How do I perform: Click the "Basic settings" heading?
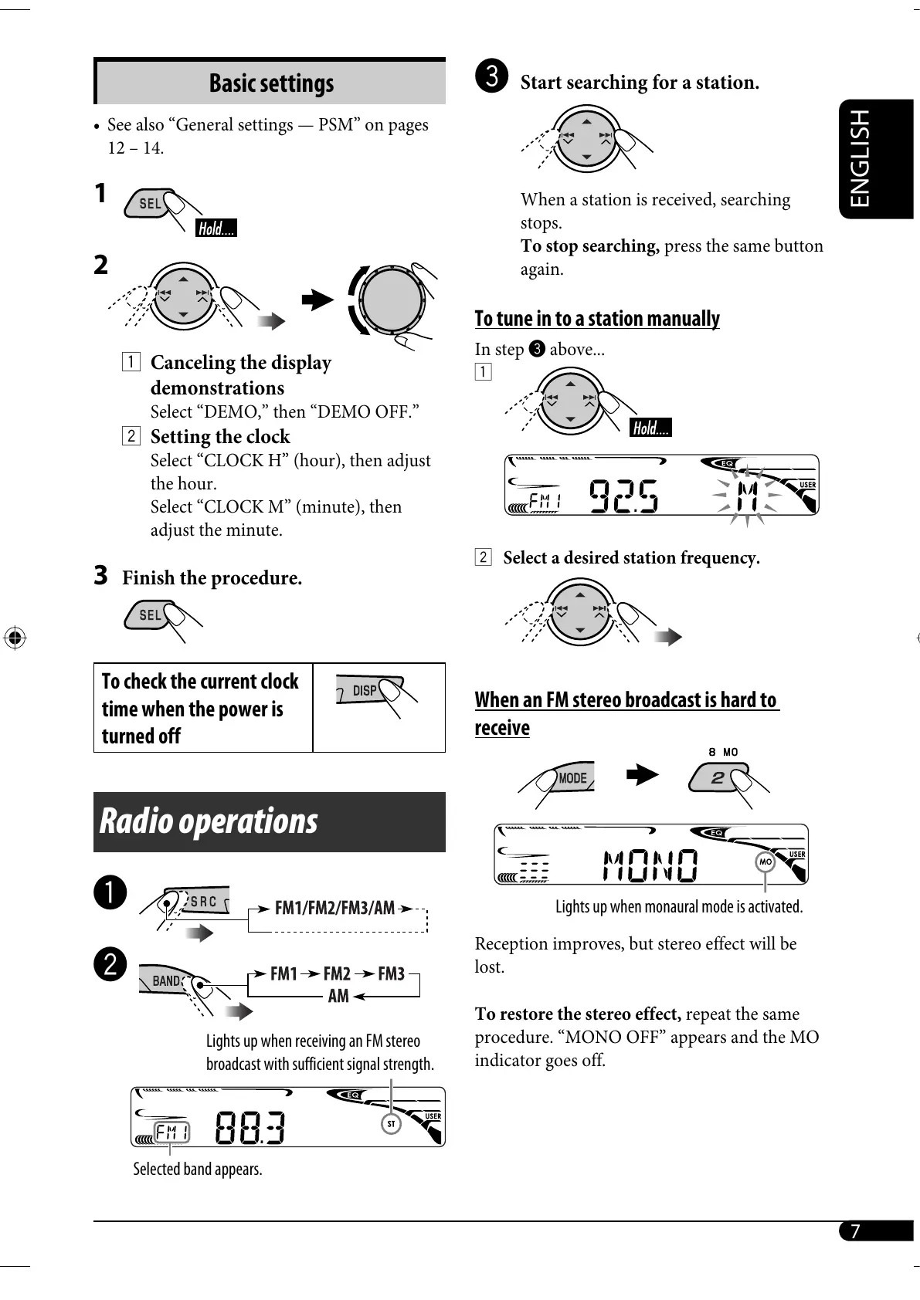271,83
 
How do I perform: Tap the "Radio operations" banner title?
209,821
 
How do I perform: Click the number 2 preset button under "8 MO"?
718,777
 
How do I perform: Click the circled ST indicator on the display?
391,1123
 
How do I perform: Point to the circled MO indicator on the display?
765,862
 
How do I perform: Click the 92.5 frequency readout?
623,496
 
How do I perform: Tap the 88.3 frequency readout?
250,1128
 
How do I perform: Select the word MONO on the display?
650,865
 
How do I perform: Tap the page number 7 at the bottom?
855,1231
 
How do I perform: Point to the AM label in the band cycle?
338,996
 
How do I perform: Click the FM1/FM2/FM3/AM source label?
334,908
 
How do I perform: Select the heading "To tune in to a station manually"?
597,319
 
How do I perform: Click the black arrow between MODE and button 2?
642,775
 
